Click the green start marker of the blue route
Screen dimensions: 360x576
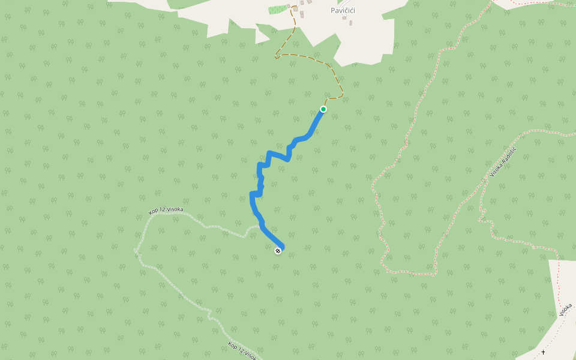point(323,109)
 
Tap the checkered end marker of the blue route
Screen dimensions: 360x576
point(278,251)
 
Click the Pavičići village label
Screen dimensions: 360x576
point(343,10)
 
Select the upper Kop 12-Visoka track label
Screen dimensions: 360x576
point(166,211)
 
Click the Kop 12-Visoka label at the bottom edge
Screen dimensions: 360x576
point(243,352)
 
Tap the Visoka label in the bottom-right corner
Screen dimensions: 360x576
point(565,310)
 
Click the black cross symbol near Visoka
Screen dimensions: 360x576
point(543,352)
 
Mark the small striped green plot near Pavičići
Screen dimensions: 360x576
point(277,10)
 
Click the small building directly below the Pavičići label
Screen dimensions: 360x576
point(344,18)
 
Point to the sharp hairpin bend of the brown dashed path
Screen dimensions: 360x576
point(276,58)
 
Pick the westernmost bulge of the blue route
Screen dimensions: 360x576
point(251,194)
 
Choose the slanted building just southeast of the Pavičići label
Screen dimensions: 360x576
point(350,23)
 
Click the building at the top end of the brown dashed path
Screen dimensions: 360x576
point(295,8)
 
